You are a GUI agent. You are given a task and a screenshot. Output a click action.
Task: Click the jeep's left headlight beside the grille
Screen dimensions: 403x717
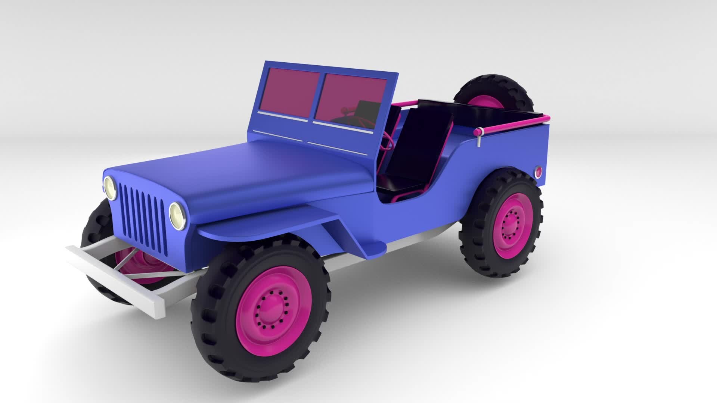(x=109, y=188)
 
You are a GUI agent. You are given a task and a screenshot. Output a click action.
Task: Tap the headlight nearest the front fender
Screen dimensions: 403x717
(x=178, y=215)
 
